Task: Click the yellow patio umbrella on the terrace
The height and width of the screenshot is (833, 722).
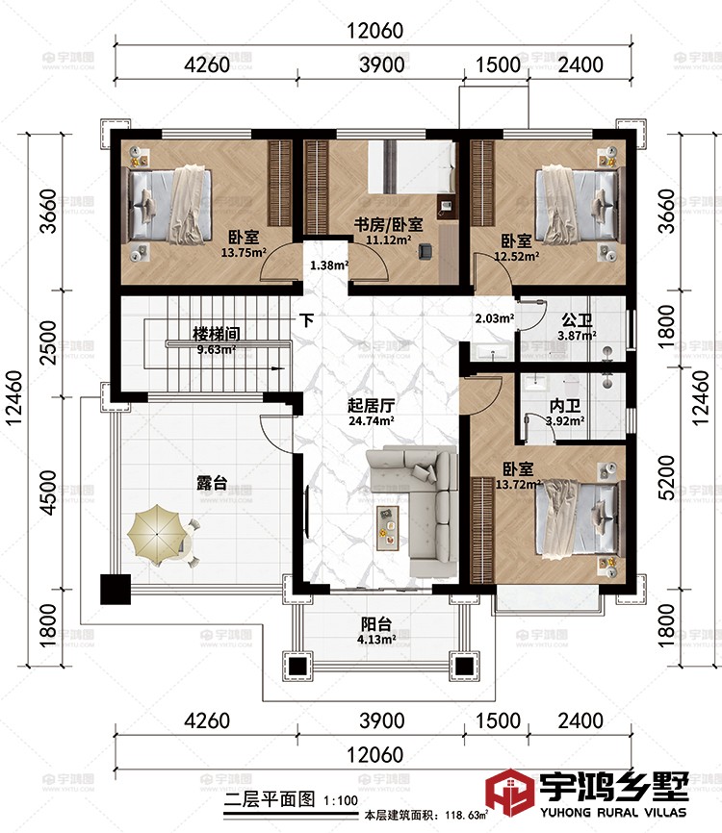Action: [x=155, y=535]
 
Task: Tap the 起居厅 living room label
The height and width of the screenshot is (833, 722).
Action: [x=371, y=406]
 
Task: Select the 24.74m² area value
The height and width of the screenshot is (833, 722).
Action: [x=371, y=421]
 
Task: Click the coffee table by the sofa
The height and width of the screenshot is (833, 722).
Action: [x=388, y=528]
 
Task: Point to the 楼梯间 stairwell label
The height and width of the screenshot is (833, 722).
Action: [x=216, y=334]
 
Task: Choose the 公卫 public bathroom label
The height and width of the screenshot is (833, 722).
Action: [x=577, y=321]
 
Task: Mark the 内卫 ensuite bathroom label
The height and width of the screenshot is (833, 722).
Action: [x=565, y=407]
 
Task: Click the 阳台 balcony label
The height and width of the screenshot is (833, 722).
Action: [x=376, y=624]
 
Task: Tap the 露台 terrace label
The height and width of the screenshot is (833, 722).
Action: [x=212, y=483]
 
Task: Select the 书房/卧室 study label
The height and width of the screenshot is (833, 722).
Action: [x=389, y=225]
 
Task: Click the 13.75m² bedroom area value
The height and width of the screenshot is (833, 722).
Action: [x=244, y=252]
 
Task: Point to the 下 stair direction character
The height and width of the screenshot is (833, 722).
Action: [x=306, y=320]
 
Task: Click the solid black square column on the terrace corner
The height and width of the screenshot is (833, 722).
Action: [x=116, y=589]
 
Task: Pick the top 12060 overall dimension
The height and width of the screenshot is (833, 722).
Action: [x=374, y=31]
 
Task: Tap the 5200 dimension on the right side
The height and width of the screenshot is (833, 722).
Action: [x=667, y=478]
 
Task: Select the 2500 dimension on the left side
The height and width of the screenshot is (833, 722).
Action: [x=48, y=342]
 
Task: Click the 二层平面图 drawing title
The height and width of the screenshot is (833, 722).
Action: [x=269, y=799]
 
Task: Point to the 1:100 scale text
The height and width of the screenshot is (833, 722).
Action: [x=341, y=800]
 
